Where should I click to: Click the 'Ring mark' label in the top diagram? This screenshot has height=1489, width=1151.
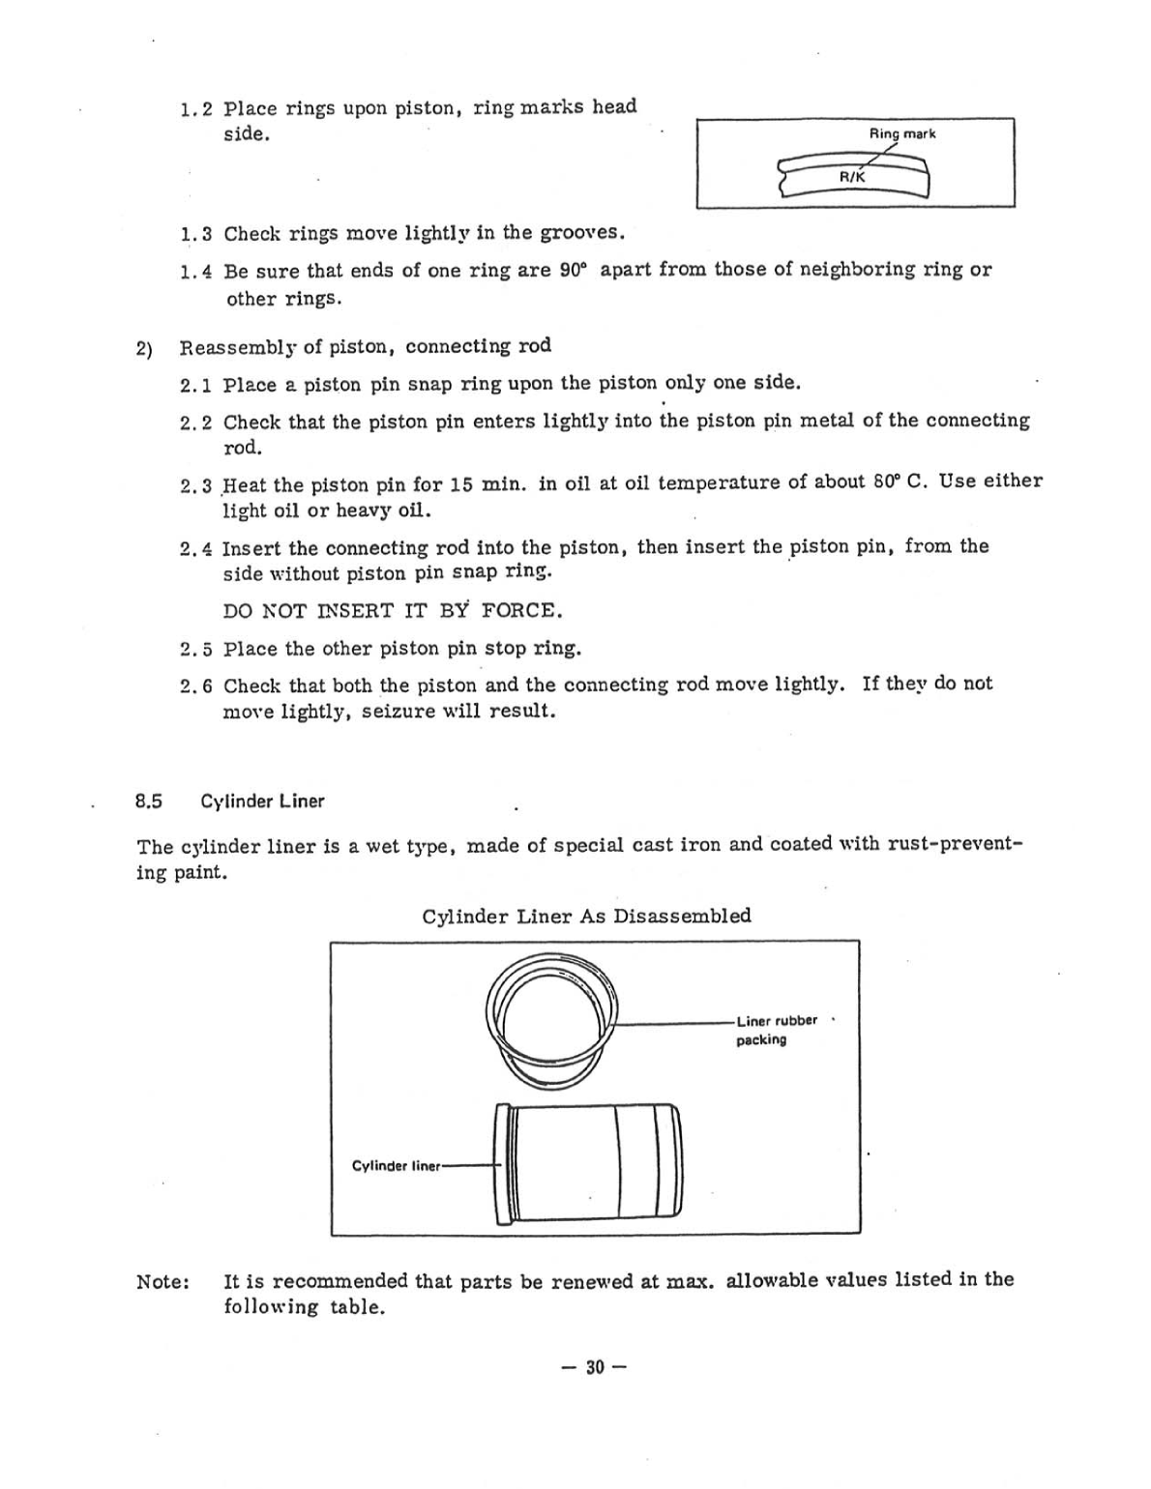[x=901, y=134]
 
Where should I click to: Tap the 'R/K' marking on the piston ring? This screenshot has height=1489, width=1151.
[x=851, y=178]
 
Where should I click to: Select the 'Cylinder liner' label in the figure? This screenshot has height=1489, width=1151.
[x=396, y=1166]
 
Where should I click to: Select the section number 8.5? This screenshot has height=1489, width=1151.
[x=149, y=802]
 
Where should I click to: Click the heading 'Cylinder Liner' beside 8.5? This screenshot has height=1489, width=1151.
[x=262, y=802]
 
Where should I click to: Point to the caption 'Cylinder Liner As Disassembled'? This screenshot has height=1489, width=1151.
[x=586, y=916]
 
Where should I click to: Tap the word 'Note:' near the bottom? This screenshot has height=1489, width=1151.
[x=162, y=1282]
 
